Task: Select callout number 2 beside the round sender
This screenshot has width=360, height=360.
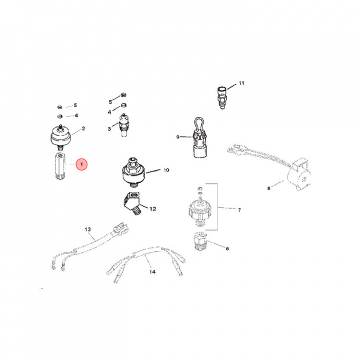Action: [83, 128]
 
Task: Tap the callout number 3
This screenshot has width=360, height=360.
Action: [109, 129]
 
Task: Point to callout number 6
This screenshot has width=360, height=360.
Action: [227, 248]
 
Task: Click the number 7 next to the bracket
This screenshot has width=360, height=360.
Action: [239, 210]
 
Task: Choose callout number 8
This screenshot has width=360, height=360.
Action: [268, 188]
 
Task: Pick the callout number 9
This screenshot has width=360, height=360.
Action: [177, 136]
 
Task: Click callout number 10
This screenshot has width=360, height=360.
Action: [166, 170]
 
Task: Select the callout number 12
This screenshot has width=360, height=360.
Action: [153, 208]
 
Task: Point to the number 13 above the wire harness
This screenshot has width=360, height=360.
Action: [88, 229]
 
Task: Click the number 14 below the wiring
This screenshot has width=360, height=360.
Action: [152, 272]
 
